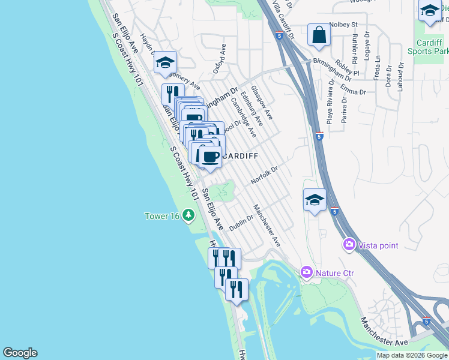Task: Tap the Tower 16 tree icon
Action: [189, 214]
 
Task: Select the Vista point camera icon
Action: [349, 245]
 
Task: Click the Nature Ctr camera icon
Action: [307, 273]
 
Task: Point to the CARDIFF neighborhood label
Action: [240, 156]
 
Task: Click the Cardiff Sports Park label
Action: [431, 47]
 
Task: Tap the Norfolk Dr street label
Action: [264, 175]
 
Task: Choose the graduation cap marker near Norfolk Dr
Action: [315, 200]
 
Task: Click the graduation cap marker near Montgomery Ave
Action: [165, 62]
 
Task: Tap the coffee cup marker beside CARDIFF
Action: [209, 157]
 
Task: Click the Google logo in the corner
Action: [20, 353]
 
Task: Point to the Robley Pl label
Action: [347, 68]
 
